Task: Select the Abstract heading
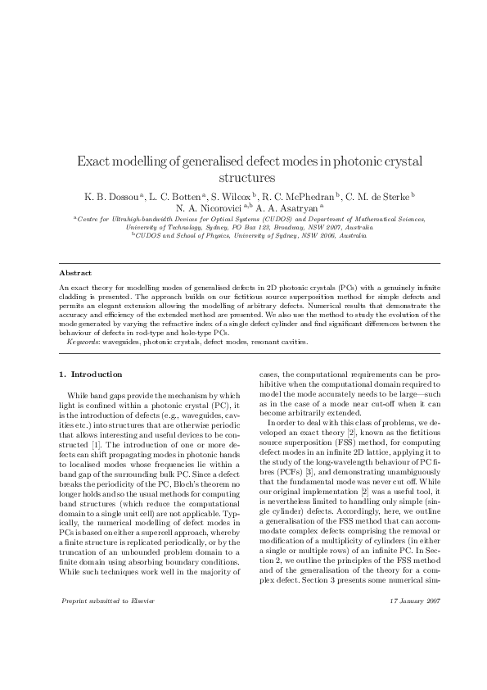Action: [x=75, y=272]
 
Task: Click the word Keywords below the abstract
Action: [x=83, y=341]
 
